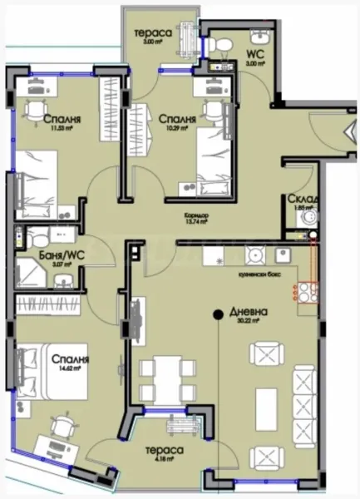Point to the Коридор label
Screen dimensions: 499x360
[x=196, y=214]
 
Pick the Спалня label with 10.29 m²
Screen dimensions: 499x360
[x=177, y=120]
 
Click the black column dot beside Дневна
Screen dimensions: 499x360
[x=216, y=314]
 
